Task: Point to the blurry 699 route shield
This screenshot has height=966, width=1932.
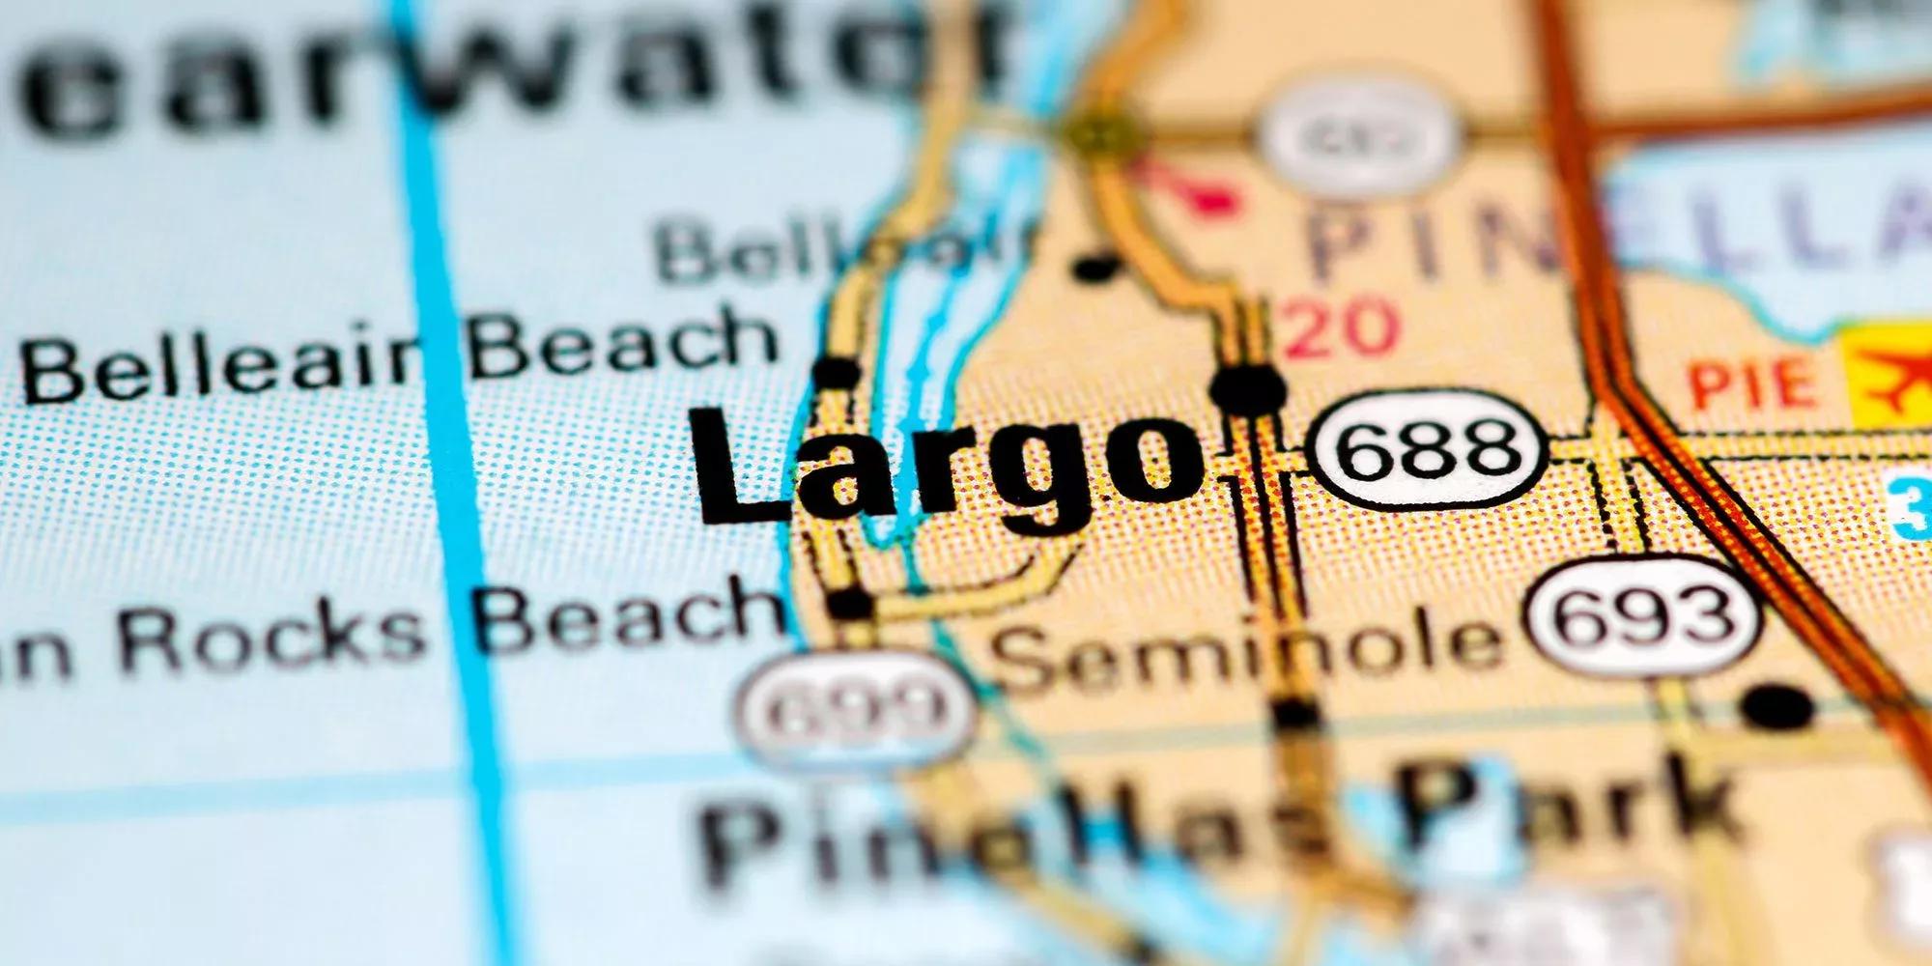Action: pyautogui.click(x=855, y=710)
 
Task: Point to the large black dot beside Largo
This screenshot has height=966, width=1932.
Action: pyautogui.click(x=1248, y=388)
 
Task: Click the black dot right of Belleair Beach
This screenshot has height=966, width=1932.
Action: pyautogui.click(x=837, y=371)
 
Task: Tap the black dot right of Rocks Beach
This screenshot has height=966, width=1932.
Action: pyautogui.click(x=850, y=605)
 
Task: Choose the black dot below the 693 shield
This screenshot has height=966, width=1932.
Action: pyautogui.click(x=1778, y=705)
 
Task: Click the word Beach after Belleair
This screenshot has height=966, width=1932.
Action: pyautogui.click(x=623, y=343)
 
